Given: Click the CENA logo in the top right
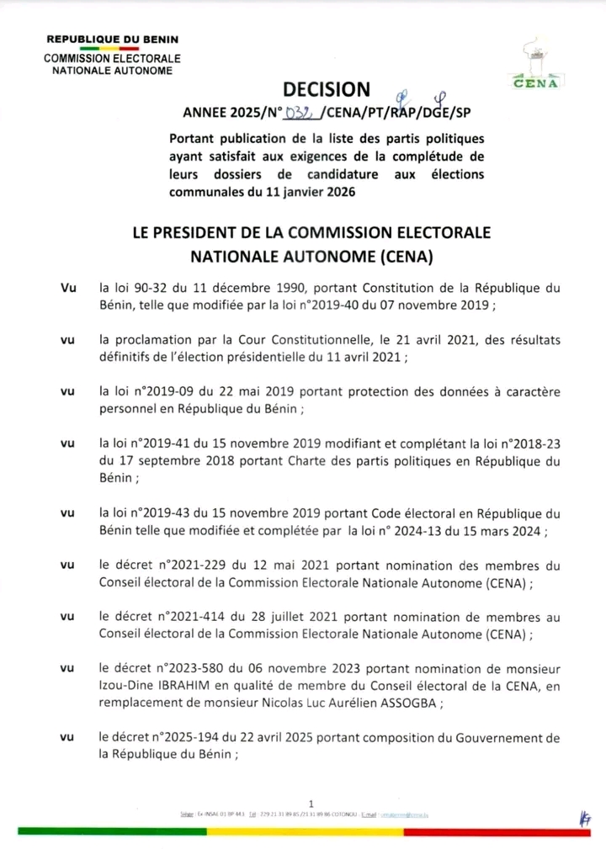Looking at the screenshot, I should click(x=533, y=62).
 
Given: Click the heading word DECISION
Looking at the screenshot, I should click(x=326, y=90).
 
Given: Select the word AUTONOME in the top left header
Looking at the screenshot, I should click(x=144, y=72).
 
